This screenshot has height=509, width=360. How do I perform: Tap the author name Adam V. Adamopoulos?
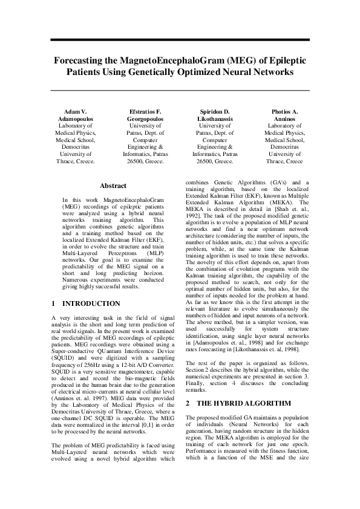tap(76, 117)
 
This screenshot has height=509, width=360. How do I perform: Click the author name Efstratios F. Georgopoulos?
tap(145, 117)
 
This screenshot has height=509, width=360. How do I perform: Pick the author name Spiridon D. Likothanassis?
tap(215, 117)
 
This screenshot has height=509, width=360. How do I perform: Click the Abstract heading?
tap(113, 186)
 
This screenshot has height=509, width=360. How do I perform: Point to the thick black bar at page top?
tap(180, 41)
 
